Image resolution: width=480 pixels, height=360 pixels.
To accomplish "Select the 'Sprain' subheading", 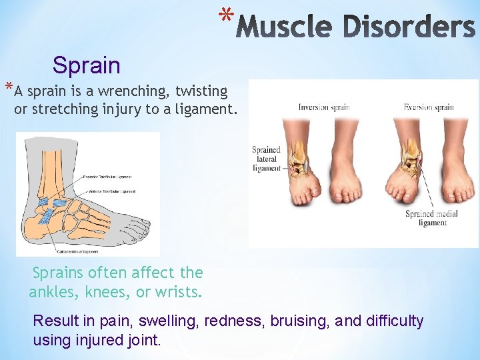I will click(87, 65).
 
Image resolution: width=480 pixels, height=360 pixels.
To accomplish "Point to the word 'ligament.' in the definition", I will click(207, 109).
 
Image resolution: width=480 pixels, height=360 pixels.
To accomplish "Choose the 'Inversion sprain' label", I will click(324, 107).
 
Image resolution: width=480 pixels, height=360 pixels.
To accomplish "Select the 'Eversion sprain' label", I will click(429, 107).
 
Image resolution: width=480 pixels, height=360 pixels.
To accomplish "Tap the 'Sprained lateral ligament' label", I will click(266, 159).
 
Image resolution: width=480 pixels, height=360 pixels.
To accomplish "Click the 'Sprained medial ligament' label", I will click(432, 219).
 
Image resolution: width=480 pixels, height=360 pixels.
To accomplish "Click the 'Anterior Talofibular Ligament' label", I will click(111, 191).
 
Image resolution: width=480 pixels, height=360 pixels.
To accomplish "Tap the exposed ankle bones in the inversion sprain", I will click(299, 157).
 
